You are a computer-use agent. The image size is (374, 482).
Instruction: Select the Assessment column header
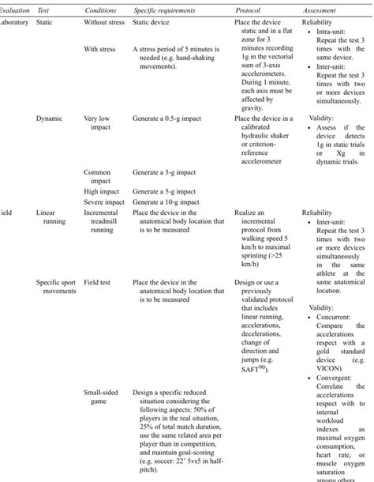[322, 8]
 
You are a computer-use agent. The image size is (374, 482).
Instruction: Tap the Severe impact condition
[104, 201]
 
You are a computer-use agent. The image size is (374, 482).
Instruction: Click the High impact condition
[102, 190]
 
